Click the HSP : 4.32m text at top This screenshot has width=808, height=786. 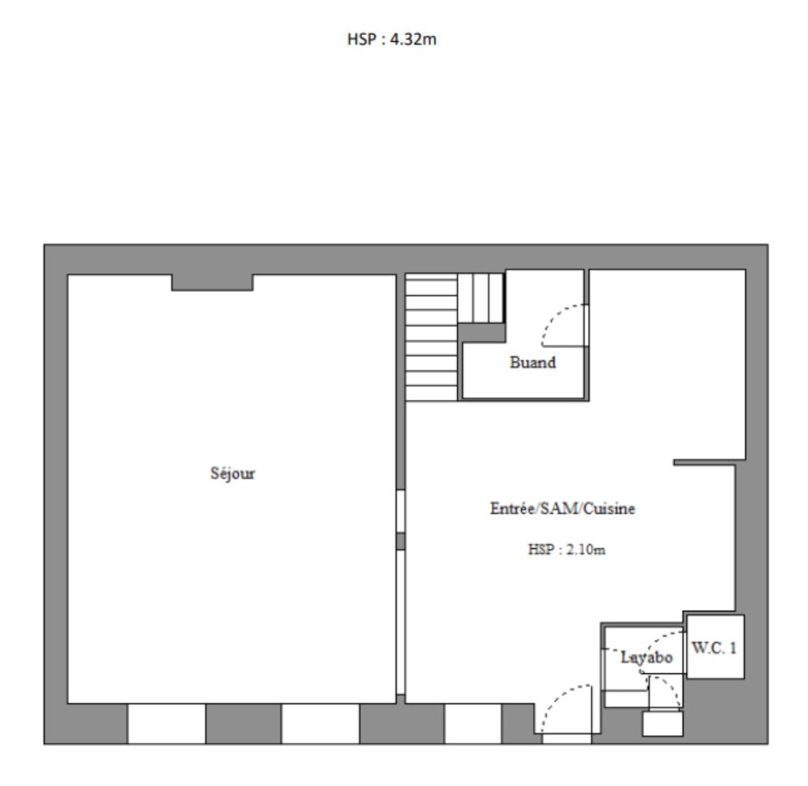pyautogui.click(x=392, y=39)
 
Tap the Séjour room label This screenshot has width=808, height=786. pyautogui.click(x=232, y=473)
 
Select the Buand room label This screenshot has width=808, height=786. pyautogui.click(x=532, y=362)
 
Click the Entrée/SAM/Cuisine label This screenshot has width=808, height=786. pyautogui.click(x=563, y=508)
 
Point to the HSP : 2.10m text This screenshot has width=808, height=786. pyautogui.click(x=567, y=549)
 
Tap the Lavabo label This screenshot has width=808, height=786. pyautogui.click(x=646, y=658)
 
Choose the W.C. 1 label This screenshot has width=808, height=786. pyautogui.click(x=715, y=647)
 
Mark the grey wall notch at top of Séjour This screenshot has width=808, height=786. pyautogui.click(x=212, y=283)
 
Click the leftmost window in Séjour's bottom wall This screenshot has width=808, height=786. pyautogui.click(x=167, y=723)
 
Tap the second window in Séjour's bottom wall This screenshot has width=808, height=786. pyautogui.click(x=320, y=723)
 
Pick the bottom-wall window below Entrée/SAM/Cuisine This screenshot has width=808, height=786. pyautogui.click(x=472, y=723)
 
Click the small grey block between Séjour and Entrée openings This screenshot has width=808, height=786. pyautogui.click(x=401, y=541)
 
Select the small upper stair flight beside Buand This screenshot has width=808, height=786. pyautogui.click(x=480, y=298)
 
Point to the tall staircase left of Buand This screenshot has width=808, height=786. pyautogui.click(x=432, y=337)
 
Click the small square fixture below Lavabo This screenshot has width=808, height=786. pyautogui.click(x=662, y=723)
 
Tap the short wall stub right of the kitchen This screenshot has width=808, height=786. pyautogui.click(x=704, y=463)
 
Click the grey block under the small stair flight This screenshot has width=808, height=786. pyautogui.click(x=482, y=333)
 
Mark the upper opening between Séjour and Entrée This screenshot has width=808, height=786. pyautogui.click(x=401, y=511)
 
